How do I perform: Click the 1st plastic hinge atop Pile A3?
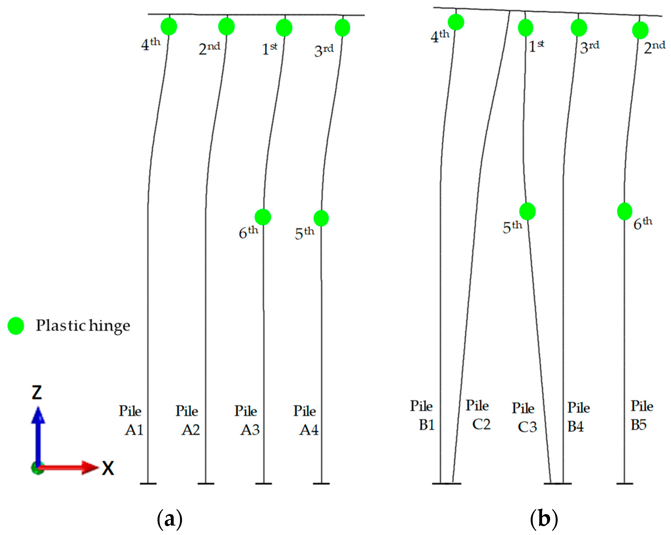click(284, 28)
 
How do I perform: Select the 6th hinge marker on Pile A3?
click(263, 217)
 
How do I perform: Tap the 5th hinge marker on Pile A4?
click(321, 218)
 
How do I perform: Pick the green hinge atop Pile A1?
click(169, 26)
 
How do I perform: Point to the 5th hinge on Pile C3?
click(527, 211)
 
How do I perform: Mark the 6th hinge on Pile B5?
click(624, 211)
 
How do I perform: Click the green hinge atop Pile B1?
click(456, 22)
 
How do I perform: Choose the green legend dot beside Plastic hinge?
click(16, 326)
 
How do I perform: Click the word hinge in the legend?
click(109, 326)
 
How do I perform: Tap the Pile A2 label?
click(188, 420)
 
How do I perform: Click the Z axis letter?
click(37, 392)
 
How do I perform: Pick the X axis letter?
click(108, 468)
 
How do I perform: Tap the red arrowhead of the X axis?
click(90, 467)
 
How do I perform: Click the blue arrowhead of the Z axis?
click(38, 416)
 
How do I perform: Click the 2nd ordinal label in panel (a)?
click(209, 49)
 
